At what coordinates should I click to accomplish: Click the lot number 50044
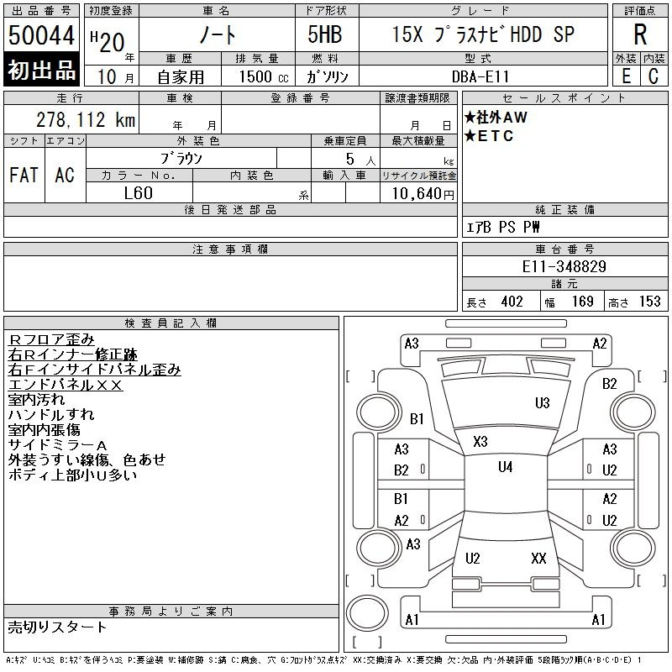click(41, 35)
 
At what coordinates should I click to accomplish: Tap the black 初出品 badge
click(41, 70)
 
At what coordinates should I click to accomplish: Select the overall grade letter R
click(640, 34)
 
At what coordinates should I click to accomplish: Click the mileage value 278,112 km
click(86, 119)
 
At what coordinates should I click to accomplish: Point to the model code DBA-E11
click(480, 76)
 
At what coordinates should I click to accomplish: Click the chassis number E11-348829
click(564, 266)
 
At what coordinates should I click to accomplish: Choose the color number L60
click(138, 193)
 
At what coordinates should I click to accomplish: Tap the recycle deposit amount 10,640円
click(423, 194)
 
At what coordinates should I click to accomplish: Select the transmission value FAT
click(24, 175)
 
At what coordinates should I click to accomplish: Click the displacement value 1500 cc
click(264, 76)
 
